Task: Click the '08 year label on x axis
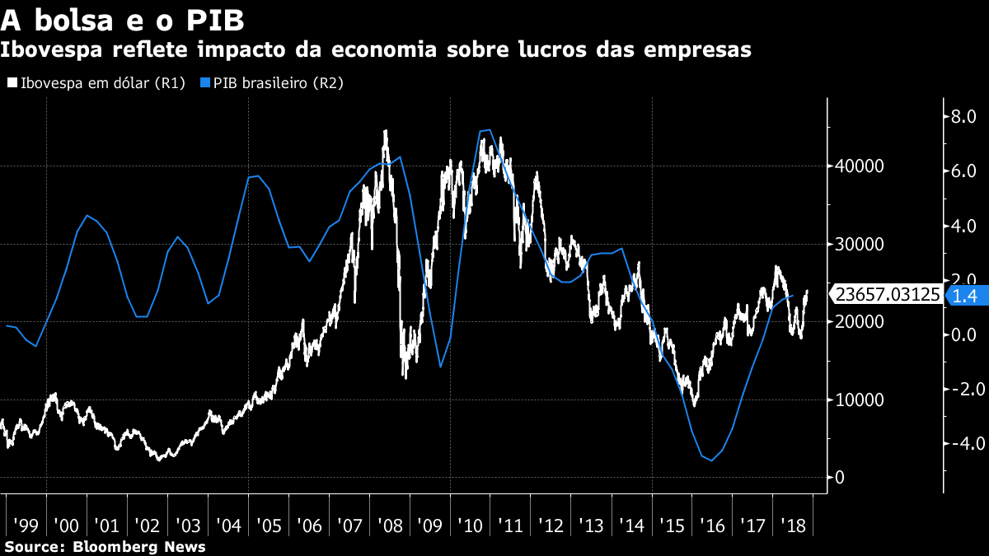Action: (390, 526)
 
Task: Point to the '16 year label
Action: (713, 526)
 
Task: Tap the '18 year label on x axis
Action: (794, 526)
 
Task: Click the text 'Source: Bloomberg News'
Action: (105, 546)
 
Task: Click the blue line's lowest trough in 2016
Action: (711, 460)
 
